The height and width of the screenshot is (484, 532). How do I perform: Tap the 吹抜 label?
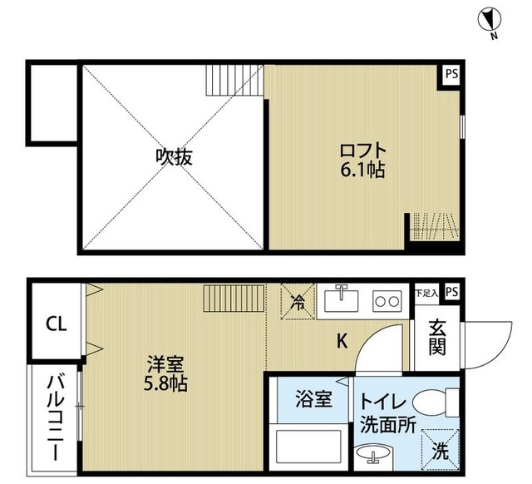(174, 156)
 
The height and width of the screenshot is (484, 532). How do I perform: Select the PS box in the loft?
(451, 74)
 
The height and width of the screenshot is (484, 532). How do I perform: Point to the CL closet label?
(54, 323)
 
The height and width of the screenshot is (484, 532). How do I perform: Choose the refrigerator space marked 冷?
(298, 299)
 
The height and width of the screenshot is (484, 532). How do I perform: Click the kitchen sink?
(342, 299)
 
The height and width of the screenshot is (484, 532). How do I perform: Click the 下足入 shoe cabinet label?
(426, 293)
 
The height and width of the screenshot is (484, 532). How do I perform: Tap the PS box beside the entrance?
(451, 292)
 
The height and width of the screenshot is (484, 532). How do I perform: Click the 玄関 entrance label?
(438, 337)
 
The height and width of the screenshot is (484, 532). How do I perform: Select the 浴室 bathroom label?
(314, 399)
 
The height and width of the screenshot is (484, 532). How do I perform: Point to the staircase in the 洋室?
(234, 297)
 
